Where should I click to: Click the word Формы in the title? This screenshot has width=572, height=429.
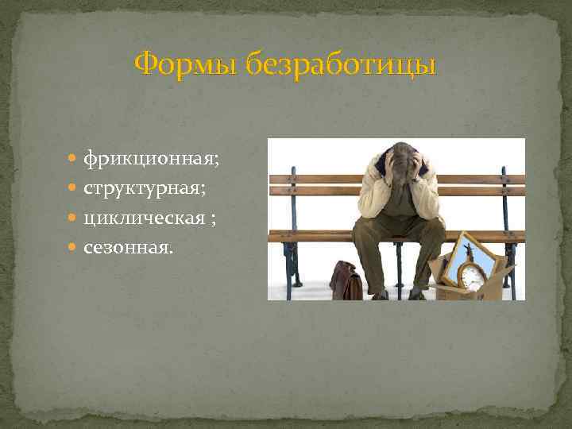pos(185,64)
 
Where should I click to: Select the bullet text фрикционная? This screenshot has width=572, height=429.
pos(151,160)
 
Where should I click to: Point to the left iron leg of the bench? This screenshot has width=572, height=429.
pos(293,254)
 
